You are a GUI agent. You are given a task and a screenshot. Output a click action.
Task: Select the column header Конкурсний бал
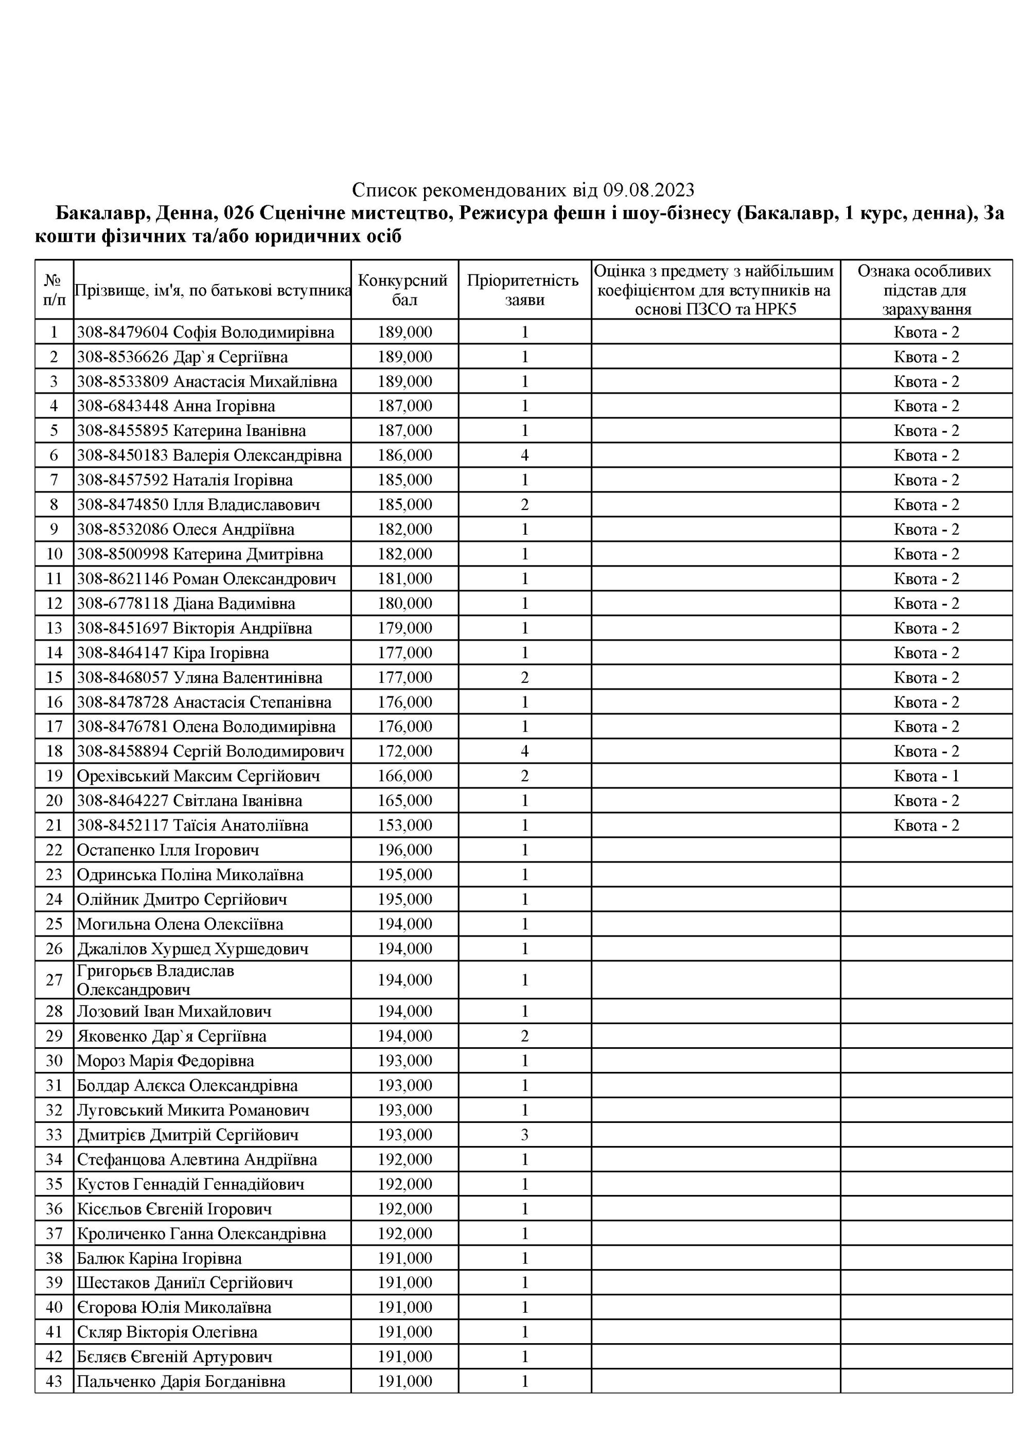[404, 290]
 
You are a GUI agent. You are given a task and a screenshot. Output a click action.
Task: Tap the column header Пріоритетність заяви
[524, 290]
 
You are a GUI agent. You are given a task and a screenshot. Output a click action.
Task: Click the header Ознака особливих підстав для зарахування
[925, 290]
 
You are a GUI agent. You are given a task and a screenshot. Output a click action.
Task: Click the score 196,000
[404, 850]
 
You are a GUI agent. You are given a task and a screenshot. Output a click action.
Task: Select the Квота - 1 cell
[926, 776]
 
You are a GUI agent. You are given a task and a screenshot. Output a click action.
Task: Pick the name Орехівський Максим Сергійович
[198, 776]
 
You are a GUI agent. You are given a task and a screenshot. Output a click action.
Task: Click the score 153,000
[404, 825]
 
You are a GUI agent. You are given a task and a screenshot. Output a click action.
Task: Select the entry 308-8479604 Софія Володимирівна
[205, 332]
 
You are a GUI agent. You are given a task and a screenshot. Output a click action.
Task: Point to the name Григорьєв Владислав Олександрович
[155, 980]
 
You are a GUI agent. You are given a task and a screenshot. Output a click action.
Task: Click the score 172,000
[404, 751]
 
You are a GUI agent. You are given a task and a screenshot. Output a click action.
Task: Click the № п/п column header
[54, 290]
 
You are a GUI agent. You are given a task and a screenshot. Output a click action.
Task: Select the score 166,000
[404, 776]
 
